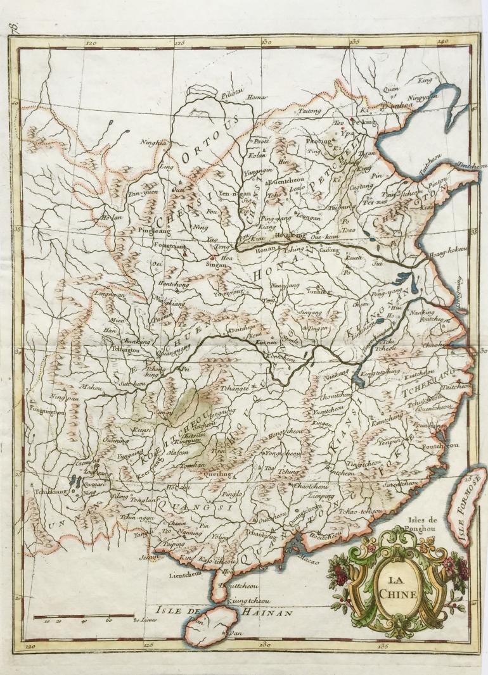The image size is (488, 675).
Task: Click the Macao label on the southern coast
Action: click(x=305, y=560)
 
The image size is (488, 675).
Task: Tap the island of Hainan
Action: click(x=212, y=624)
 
